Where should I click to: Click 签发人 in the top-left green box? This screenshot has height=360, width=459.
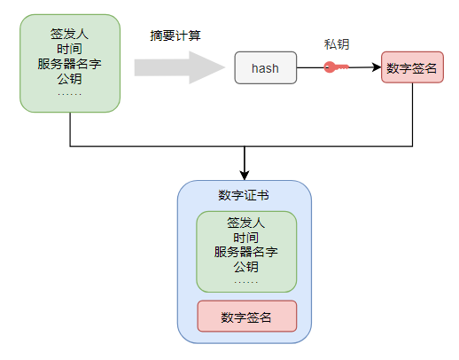pos(69,34)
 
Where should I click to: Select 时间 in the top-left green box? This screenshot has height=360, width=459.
pos(69,49)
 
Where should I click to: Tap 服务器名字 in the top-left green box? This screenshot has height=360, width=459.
pos(69,64)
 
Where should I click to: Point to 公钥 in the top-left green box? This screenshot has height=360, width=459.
pos(69,79)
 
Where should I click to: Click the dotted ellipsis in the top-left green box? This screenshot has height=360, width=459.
pos(69,93)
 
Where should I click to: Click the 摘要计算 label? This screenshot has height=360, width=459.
pos(175,36)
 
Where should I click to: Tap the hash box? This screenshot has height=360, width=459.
pos(265,68)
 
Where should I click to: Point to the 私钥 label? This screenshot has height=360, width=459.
pos(337,43)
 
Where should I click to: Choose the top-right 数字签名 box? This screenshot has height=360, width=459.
pos(412,68)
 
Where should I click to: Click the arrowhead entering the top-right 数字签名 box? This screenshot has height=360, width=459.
pos(376,68)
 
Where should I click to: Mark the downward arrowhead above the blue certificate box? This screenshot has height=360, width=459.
pos(245,175)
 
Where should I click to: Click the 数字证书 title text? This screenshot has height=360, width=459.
pos(245,196)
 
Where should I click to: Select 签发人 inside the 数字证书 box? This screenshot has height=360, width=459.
pos(245,223)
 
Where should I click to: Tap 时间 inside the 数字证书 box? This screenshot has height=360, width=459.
pos(245,237)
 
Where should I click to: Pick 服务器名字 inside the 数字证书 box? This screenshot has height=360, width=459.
pos(245,252)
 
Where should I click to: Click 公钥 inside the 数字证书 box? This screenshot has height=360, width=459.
pos(245,266)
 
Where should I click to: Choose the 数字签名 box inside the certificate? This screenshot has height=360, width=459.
pos(246,317)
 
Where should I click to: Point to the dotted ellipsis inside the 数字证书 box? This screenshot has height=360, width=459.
pos(245,281)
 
